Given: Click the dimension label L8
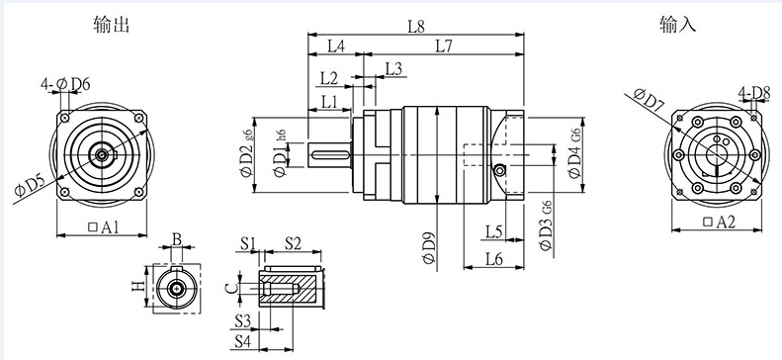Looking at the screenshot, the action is click(416, 27).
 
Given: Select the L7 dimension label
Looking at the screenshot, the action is click(443, 46).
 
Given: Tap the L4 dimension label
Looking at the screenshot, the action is click(336, 46).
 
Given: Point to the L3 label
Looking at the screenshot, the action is click(394, 69).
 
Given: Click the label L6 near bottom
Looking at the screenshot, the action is click(493, 258).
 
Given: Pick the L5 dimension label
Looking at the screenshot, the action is click(493, 231).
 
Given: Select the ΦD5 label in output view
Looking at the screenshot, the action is click(30, 186).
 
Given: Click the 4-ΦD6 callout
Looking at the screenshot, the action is click(65, 84).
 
